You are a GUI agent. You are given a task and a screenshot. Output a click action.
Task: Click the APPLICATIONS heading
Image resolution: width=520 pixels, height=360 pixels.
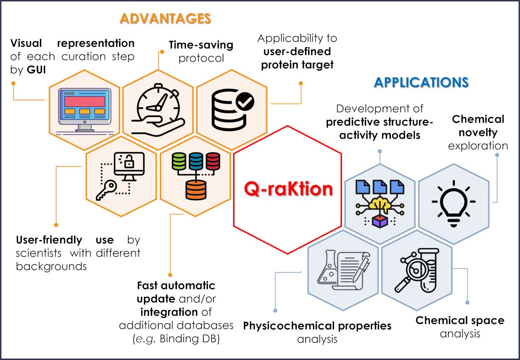click(x=421, y=82)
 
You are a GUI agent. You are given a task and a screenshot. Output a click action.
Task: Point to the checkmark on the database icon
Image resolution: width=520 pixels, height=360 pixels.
click(x=245, y=103)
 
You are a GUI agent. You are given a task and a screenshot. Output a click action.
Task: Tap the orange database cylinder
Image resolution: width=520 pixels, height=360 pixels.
click(x=196, y=191)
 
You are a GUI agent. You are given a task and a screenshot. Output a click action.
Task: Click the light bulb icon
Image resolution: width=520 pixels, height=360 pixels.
click(x=454, y=203)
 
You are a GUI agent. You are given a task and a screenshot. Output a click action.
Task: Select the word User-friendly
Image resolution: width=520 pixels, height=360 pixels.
click(x=49, y=240)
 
